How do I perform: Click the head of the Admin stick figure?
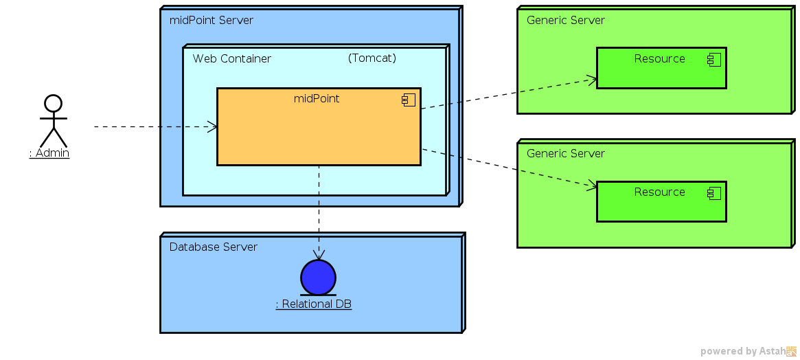pyautogui.click(x=53, y=104)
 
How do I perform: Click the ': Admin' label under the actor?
pyautogui.click(x=49, y=153)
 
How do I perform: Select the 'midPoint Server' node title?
pyautogui.click(x=211, y=21)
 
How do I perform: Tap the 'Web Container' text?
pyautogui.click(x=231, y=59)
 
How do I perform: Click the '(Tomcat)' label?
pyautogui.click(x=372, y=58)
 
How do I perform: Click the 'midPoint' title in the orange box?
pyautogui.click(x=317, y=99)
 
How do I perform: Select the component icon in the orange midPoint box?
pyautogui.click(x=409, y=100)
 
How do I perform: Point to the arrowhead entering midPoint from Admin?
pyautogui.click(x=214, y=126)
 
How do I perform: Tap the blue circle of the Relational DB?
pyautogui.click(x=318, y=278)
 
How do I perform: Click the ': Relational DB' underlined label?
pyautogui.click(x=314, y=304)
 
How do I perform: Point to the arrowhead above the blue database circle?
pyautogui.click(x=319, y=255)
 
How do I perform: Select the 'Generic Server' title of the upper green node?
pyautogui.click(x=565, y=21)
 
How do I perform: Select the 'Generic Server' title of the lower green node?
pyautogui.click(x=565, y=154)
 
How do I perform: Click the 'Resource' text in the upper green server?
pyautogui.click(x=659, y=59)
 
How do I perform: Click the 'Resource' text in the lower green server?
pyautogui.click(x=659, y=192)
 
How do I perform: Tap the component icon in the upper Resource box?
pyautogui.click(x=714, y=60)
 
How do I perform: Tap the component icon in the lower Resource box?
pyautogui.click(x=714, y=194)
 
